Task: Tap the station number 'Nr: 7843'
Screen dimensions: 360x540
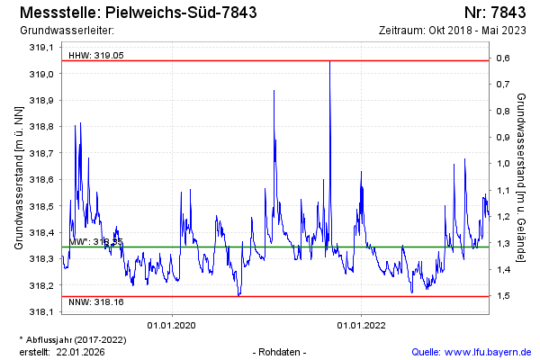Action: tap(497, 13)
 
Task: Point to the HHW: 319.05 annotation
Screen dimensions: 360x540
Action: tap(96, 55)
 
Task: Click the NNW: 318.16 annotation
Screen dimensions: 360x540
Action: tap(96, 302)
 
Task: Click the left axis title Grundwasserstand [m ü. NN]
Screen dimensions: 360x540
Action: tap(18, 177)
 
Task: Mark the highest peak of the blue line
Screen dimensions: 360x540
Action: tap(329, 62)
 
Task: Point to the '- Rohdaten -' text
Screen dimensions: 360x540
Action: tap(281, 351)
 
